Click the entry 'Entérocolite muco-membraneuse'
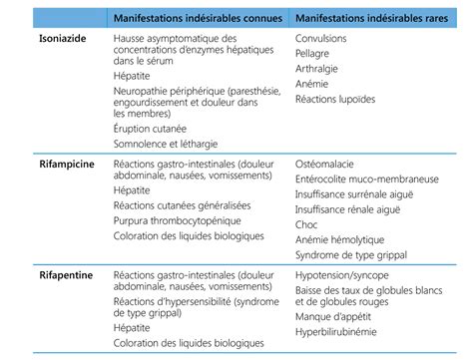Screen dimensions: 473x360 click(x=368, y=178)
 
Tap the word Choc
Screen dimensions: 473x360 click(x=307, y=224)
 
